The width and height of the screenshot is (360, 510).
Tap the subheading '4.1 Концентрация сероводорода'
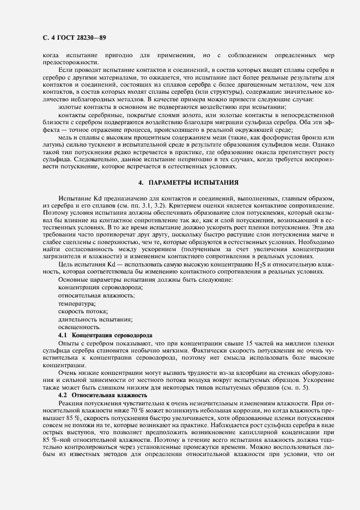[105, 333]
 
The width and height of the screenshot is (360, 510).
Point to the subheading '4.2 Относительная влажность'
[102, 394]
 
